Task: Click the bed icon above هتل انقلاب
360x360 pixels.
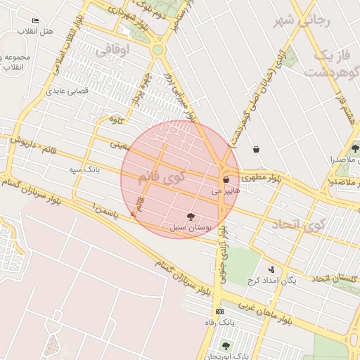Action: [35, 21]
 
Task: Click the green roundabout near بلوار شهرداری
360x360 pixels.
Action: [157, 50]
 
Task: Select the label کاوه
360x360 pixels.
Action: [117, 120]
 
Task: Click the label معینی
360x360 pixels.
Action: [120, 146]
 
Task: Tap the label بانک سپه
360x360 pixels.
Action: [84, 169]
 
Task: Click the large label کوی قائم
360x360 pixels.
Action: [162, 175]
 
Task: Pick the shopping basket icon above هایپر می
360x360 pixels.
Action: [226, 180]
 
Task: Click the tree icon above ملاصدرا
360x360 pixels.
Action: [355, 148]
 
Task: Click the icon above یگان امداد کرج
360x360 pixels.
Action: [271, 269]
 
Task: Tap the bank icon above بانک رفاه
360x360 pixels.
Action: [219, 311]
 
